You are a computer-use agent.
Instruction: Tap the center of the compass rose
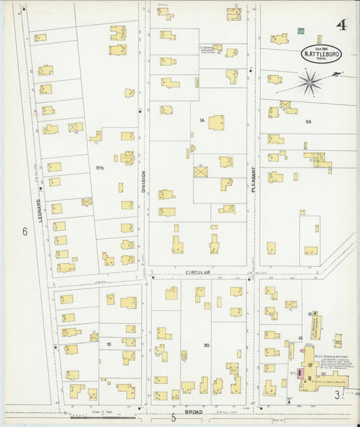pyautogui.click(x=310, y=83)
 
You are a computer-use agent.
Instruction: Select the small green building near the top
pyautogui.click(x=301, y=31)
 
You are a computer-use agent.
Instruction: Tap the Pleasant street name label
pyautogui.click(x=255, y=180)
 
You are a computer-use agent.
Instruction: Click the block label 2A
pyautogui.click(x=307, y=122)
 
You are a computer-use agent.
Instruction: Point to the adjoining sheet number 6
pyautogui.click(x=24, y=232)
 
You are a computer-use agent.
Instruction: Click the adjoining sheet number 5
pyautogui.click(x=174, y=418)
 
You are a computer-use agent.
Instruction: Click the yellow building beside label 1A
pyautogui.click(x=216, y=122)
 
